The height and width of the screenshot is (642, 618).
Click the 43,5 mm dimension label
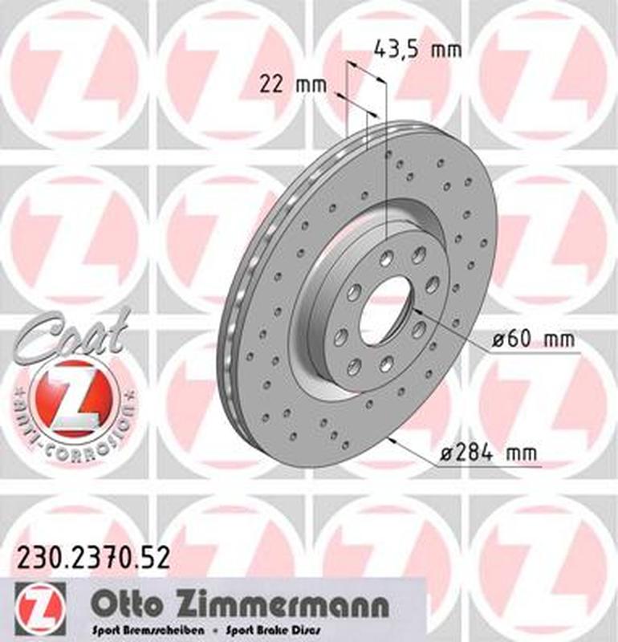pyautogui.click(x=418, y=50)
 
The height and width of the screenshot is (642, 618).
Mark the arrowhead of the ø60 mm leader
pyautogui.click(x=417, y=307)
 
